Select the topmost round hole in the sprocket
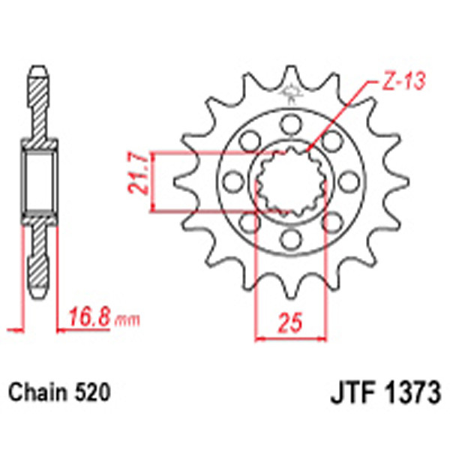(289, 122)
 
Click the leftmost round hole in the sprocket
(231, 181)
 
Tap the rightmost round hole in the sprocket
(347, 181)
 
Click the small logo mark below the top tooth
(289, 94)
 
